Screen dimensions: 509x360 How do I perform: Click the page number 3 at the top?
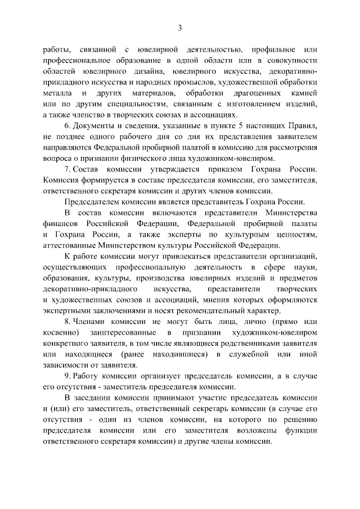(x=180, y=28)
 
